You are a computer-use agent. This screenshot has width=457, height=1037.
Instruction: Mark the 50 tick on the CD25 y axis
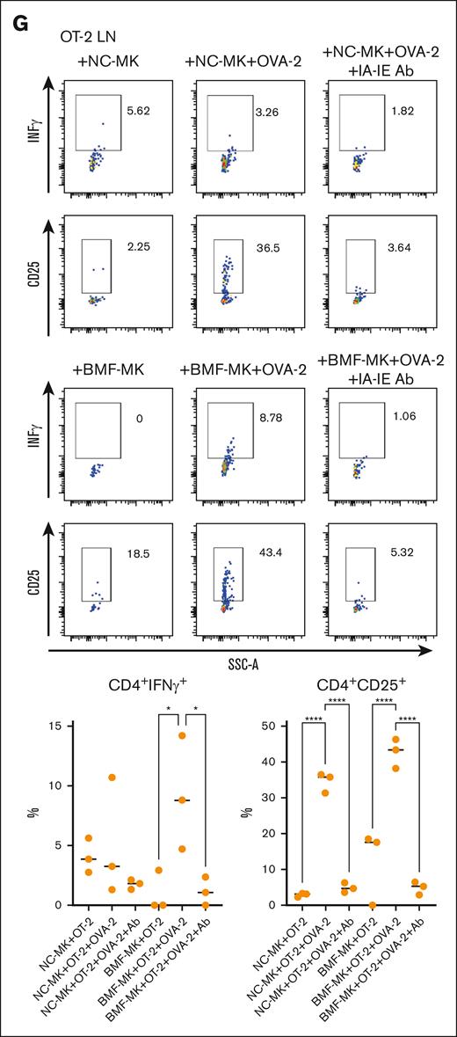[x=279, y=725]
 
